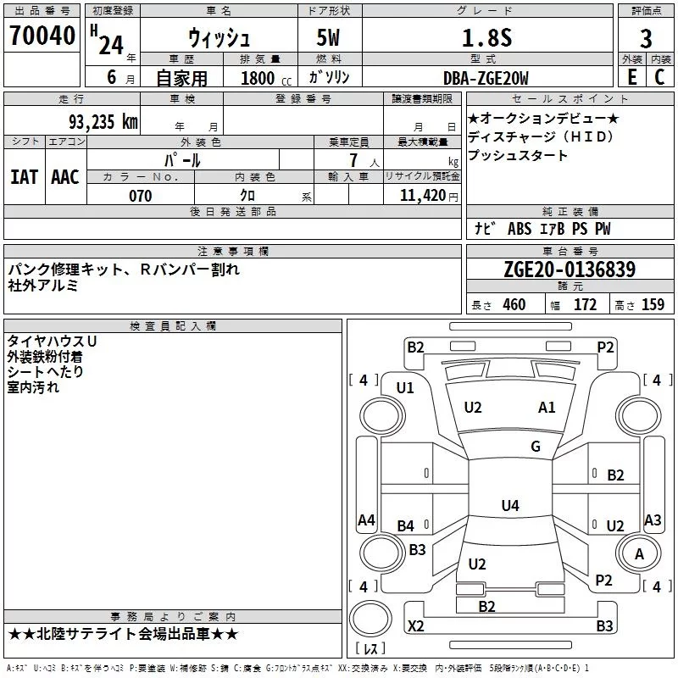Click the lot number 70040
42,35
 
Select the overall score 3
646,38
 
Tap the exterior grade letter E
631,77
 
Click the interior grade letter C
659,77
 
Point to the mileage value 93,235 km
103,122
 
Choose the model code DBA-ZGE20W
486,78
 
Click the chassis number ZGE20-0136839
570,269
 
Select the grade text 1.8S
486,37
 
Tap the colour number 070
141,196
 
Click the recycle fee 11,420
423,196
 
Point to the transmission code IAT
24,177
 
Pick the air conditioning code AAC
65,177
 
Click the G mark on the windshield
536,447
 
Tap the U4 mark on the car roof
510,505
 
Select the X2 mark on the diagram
416,625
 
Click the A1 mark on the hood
547,408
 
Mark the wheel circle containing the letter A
639,553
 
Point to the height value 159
653,304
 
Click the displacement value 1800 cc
266,78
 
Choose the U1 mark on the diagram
405,388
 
